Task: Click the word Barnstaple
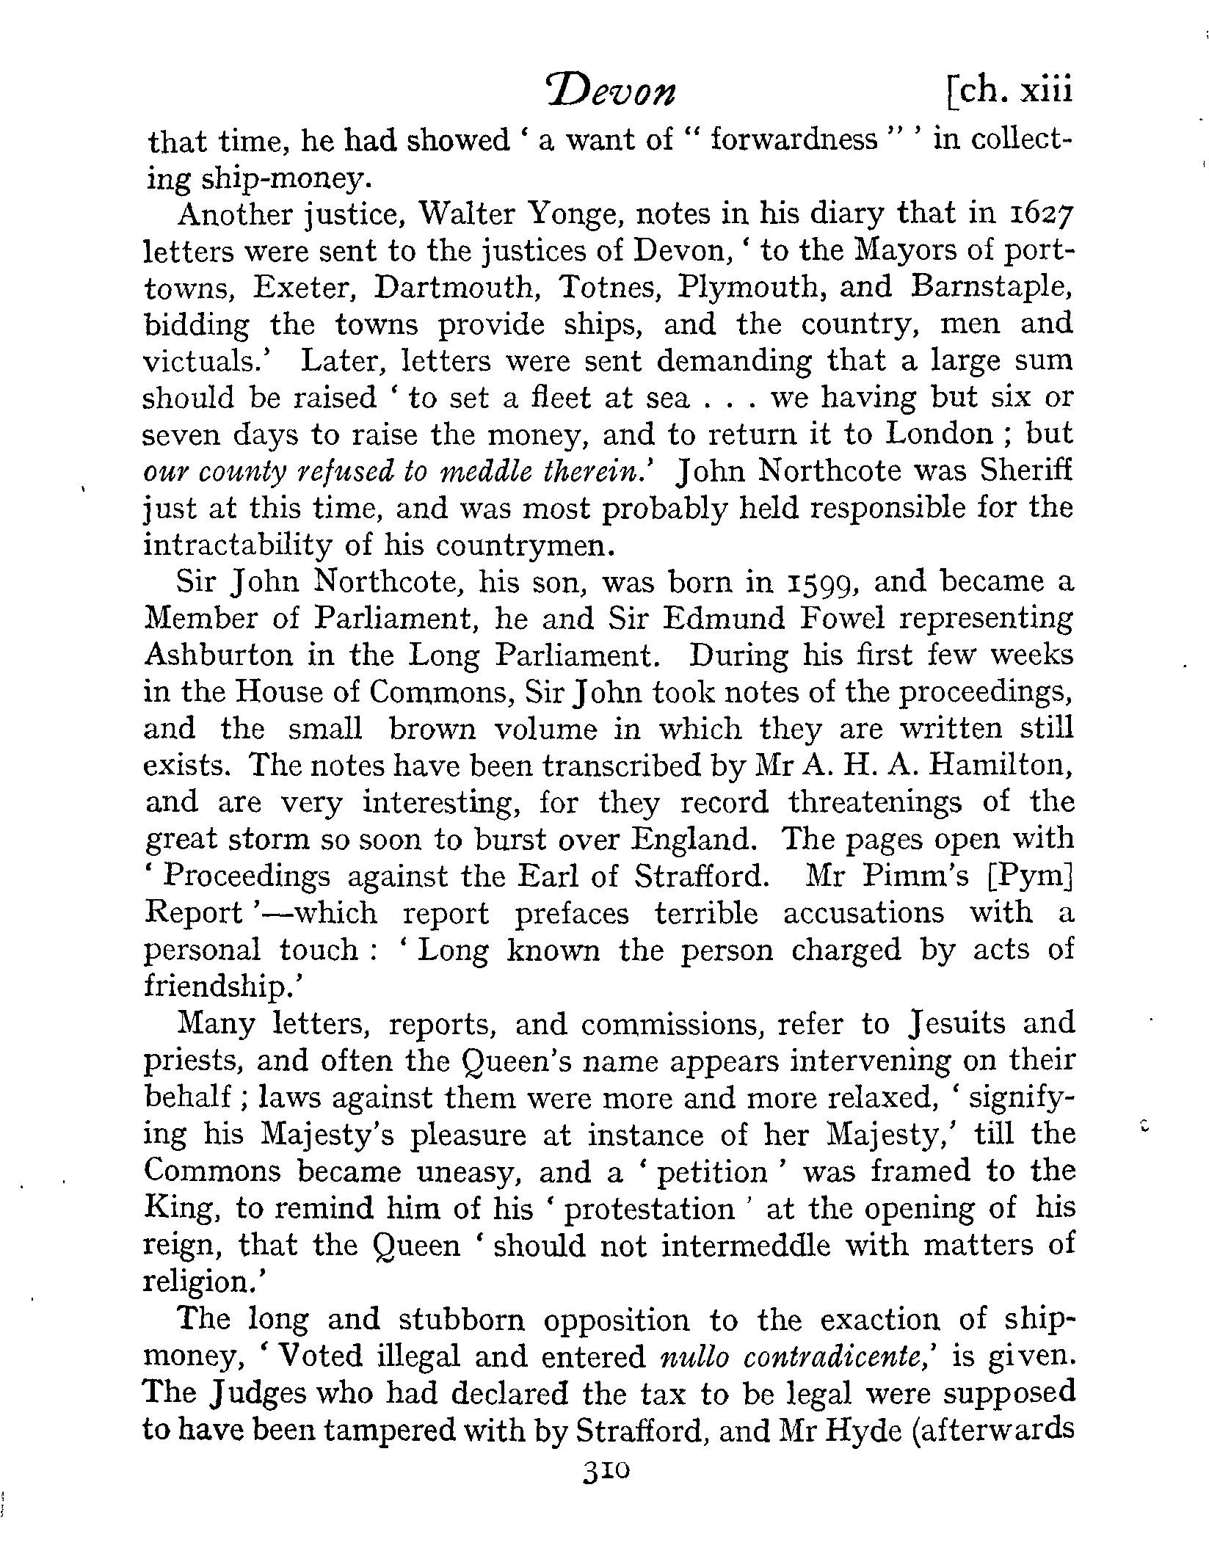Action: pos(990,287)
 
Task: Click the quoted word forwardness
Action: pos(794,139)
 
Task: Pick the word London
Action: pos(940,434)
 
